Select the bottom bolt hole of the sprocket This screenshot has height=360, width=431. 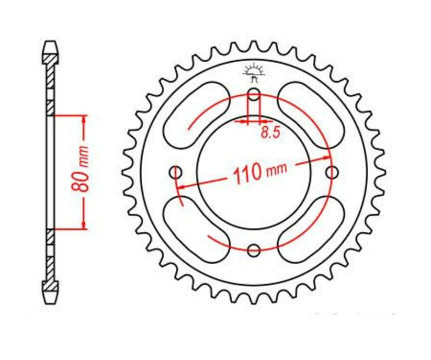254,249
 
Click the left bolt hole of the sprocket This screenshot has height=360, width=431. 176,171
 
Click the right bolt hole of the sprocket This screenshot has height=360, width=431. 331,171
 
